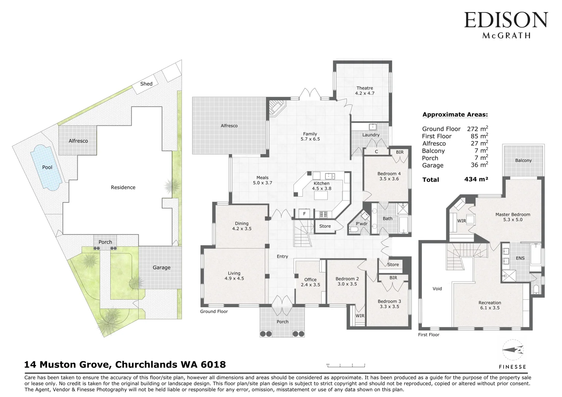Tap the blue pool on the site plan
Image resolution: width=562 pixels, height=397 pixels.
click(46, 168)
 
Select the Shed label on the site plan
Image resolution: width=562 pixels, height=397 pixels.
click(146, 84)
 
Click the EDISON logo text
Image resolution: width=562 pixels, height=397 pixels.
click(506, 20)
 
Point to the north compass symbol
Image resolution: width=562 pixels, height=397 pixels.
click(513, 350)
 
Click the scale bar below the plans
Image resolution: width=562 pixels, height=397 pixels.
click(346, 366)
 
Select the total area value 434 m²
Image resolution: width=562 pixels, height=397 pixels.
click(476, 179)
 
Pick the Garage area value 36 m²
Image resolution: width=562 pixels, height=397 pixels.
click(480, 165)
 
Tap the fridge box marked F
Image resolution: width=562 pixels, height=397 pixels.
click(304, 214)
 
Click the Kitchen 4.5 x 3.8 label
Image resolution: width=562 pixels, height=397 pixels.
click(321, 186)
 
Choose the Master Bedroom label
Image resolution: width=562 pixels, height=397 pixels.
click(513, 217)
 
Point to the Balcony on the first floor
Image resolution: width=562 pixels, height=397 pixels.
click(523, 161)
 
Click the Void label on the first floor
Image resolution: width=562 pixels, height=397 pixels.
click(437, 289)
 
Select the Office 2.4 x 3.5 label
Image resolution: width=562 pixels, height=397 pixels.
click(310, 282)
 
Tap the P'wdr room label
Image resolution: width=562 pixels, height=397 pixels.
click(362, 224)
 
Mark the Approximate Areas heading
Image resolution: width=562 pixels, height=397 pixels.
click(455, 115)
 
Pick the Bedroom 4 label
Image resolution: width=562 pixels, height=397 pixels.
click(389, 176)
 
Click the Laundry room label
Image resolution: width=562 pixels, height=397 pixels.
click(371, 135)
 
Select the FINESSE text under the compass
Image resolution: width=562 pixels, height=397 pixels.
click(512, 367)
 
